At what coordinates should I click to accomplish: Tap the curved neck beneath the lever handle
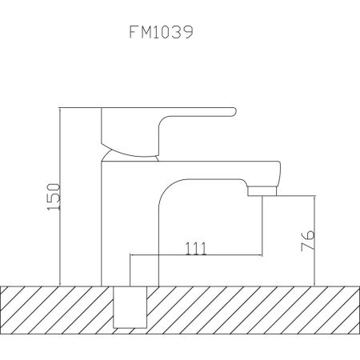(x=132, y=147)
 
